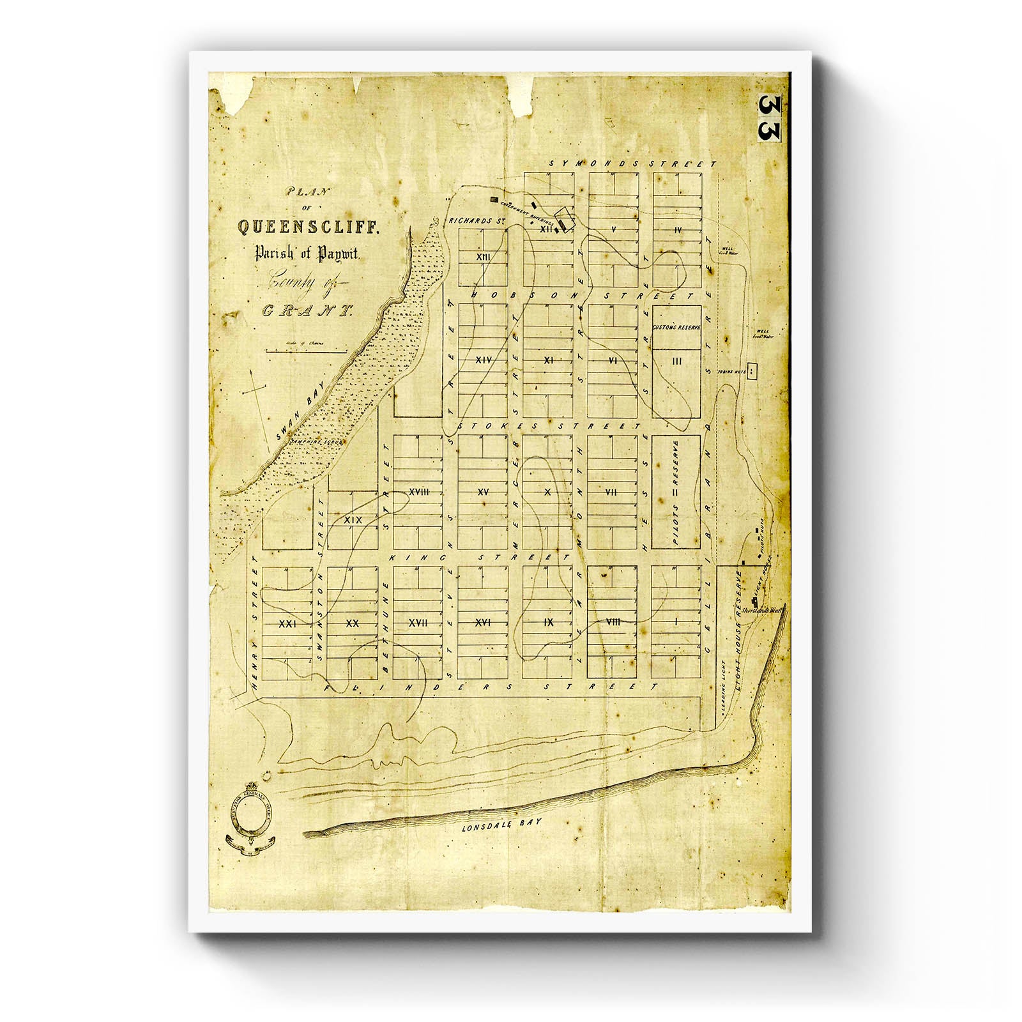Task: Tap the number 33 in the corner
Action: click(770, 118)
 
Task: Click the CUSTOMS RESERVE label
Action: click(676, 328)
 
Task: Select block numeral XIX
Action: click(353, 520)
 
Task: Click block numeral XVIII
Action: click(417, 491)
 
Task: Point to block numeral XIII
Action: click(483, 256)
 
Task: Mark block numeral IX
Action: click(548, 622)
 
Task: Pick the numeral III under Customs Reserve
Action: click(677, 362)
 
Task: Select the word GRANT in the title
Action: click(308, 312)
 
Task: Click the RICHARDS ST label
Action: click(473, 221)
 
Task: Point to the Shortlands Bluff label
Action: click(769, 610)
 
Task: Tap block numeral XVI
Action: click(483, 622)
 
